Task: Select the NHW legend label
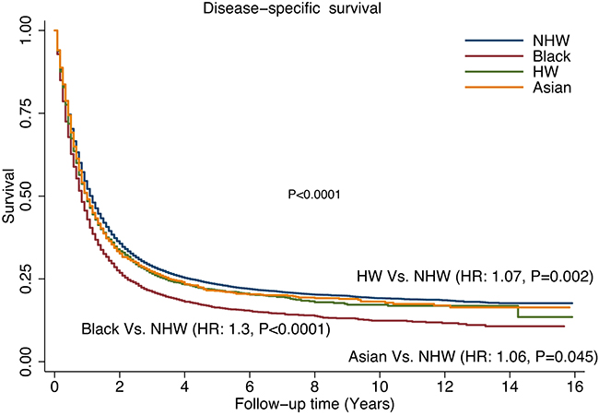tap(552, 42)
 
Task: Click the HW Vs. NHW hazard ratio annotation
tap(474, 276)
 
